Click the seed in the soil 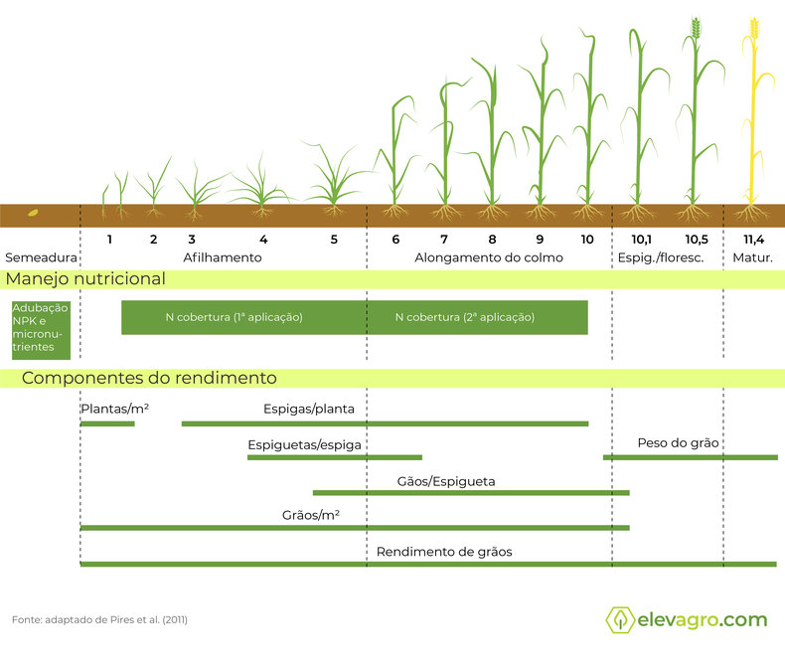click(33, 213)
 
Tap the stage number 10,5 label click(697, 240)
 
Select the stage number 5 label click(334, 240)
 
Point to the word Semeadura click(41, 257)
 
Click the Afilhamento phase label click(223, 257)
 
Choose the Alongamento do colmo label click(489, 257)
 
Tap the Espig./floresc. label click(661, 257)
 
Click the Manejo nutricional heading click(85, 279)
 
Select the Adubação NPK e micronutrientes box click(41, 330)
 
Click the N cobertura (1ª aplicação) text click(234, 317)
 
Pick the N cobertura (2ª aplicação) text click(465, 317)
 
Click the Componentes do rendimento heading click(149, 378)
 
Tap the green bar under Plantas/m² click(107, 424)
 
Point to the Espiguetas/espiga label click(304, 445)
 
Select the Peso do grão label click(678, 443)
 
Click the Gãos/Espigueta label click(445, 482)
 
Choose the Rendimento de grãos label click(444, 552)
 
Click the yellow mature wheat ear click(754, 28)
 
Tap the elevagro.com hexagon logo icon click(620, 619)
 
